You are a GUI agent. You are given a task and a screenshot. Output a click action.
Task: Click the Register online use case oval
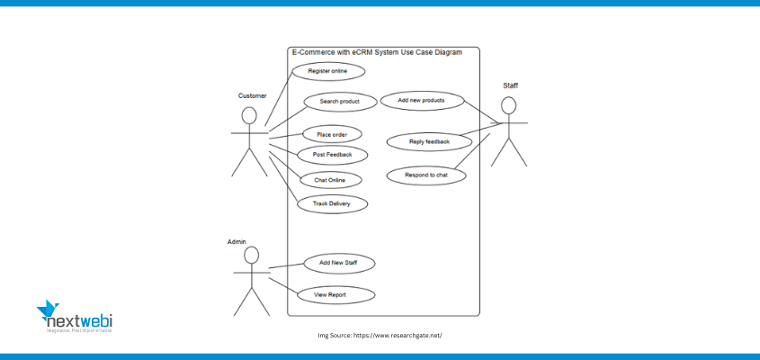click(328, 70)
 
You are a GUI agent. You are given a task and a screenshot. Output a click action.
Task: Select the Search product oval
click(339, 102)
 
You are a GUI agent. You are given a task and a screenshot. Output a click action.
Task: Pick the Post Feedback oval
click(333, 155)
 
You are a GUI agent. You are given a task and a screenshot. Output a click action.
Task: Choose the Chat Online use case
click(329, 180)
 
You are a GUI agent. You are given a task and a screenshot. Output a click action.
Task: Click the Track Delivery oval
click(332, 204)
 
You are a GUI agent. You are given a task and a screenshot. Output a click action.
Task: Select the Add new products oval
click(421, 100)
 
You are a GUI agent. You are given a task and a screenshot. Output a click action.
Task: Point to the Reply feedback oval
click(429, 141)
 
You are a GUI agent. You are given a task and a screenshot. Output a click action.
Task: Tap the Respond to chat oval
click(426, 175)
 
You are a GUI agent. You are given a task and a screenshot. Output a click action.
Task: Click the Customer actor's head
click(249, 116)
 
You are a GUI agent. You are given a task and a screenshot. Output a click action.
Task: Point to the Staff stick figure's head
click(509, 105)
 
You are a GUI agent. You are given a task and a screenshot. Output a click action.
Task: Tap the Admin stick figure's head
click(250, 256)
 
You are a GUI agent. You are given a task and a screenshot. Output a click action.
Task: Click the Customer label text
click(252, 95)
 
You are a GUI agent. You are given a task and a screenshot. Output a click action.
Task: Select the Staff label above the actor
click(510, 85)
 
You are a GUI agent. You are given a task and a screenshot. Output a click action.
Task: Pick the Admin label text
click(237, 242)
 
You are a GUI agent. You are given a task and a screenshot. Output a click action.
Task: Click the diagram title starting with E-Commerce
click(377, 52)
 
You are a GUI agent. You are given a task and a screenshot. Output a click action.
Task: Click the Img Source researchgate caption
click(380, 335)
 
